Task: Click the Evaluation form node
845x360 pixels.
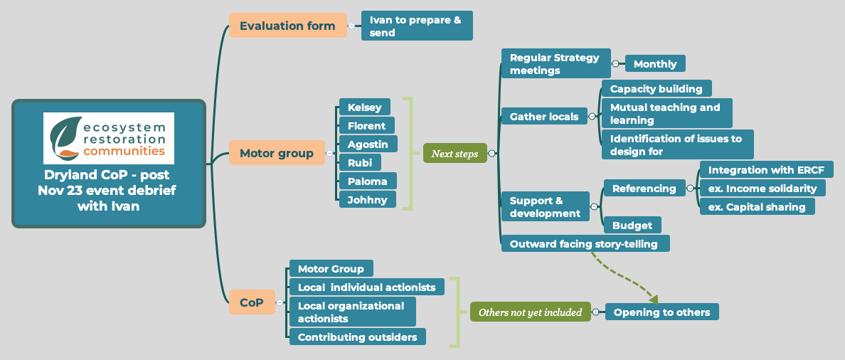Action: click(287, 26)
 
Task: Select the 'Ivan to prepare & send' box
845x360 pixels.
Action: click(417, 26)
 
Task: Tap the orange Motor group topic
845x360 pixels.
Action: click(276, 153)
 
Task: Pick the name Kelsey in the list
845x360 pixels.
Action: click(365, 107)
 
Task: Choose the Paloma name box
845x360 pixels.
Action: click(368, 181)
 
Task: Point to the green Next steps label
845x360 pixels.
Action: click(455, 153)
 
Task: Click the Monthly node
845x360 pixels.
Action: click(655, 63)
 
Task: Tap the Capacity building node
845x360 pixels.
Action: click(656, 89)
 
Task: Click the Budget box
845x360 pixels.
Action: click(632, 226)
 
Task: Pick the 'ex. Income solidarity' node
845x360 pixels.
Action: click(762, 188)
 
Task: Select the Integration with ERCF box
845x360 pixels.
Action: click(766, 170)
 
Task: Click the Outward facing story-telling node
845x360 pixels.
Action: click(585, 243)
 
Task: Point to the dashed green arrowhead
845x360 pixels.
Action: click(653, 300)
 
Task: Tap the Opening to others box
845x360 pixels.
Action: click(661, 312)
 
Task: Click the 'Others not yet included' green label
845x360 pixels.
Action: click(530, 312)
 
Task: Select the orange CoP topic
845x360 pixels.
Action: click(252, 302)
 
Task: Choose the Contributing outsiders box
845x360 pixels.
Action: click(357, 337)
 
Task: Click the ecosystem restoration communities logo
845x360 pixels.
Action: click(109, 138)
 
